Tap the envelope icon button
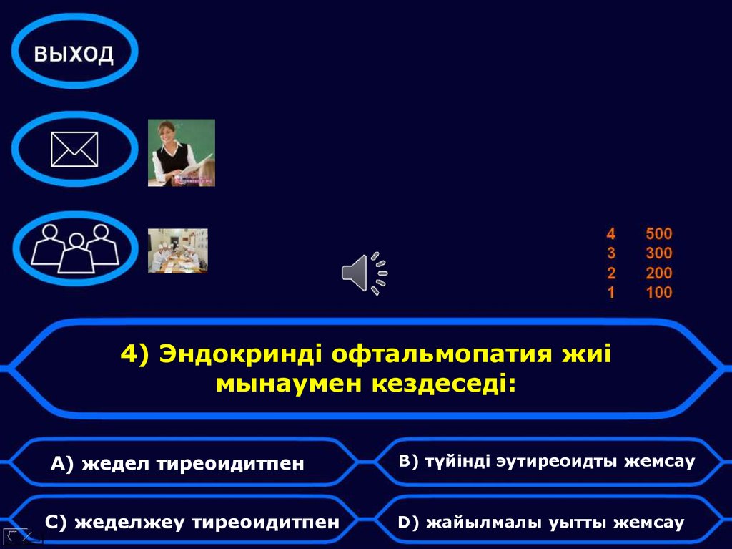point(74,150)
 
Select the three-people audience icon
point(75,248)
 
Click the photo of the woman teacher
point(182,152)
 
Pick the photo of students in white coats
point(178,251)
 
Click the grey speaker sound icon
point(364,273)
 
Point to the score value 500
point(658,233)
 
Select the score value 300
point(658,253)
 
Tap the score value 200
point(658,273)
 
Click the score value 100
point(658,292)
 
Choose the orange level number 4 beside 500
point(610,233)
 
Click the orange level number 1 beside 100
point(610,292)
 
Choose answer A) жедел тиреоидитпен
point(177,464)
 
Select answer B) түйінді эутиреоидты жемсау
point(546,461)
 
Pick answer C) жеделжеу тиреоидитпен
point(192,523)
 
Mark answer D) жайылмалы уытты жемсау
point(540,523)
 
